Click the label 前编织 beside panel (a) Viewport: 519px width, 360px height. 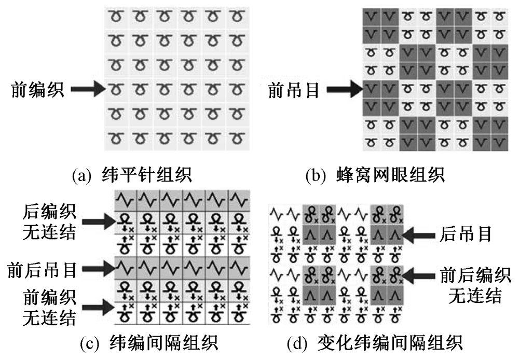click(38, 91)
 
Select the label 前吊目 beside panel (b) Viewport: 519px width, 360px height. click(293, 91)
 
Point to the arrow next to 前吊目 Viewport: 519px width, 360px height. click(342, 90)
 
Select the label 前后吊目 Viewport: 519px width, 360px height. click(43, 269)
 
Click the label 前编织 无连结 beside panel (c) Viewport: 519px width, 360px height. click(50, 306)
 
